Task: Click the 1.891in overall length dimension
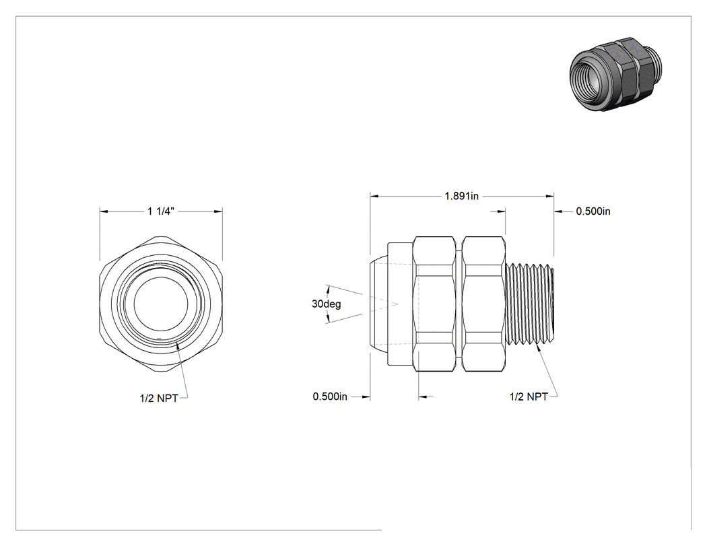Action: [462, 196]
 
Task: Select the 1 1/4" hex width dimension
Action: [160, 211]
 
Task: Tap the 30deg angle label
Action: [326, 304]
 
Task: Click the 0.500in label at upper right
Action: [593, 211]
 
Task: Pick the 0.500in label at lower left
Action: [330, 397]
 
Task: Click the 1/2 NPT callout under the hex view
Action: [159, 398]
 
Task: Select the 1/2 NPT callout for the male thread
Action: [529, 397]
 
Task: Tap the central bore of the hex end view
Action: [160, 304]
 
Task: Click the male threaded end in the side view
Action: [530, 304]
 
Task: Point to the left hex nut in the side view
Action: [434, 304]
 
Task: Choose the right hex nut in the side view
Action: [483, 304]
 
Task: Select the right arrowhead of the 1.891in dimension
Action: [549, 196]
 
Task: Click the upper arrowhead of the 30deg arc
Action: [328, 289]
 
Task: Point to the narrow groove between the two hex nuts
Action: [459, 304]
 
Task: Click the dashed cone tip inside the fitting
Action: [398, 304]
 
